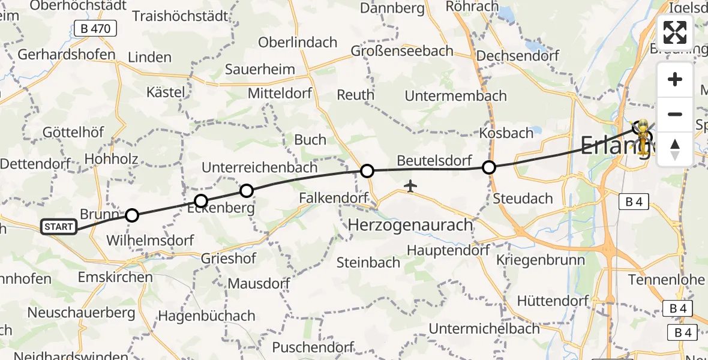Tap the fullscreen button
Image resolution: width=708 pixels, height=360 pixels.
675,32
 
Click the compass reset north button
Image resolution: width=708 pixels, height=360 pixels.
675,149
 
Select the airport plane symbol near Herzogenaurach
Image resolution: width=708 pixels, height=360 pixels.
410,186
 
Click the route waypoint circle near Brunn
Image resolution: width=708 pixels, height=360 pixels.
132,215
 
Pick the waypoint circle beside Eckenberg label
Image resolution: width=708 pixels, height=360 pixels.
201,201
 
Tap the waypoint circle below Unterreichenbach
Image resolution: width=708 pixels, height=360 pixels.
247,191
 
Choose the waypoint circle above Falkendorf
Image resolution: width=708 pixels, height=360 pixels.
367,171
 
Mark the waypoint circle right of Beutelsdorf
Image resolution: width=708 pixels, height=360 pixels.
489,167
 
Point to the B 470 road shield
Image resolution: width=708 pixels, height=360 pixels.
95,28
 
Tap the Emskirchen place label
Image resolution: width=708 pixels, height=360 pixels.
115,277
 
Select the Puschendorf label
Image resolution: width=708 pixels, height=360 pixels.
313,347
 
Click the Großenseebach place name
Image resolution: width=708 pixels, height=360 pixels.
403,51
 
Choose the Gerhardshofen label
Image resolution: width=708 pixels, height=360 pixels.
67,55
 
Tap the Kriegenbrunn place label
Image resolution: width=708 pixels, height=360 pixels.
533,260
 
